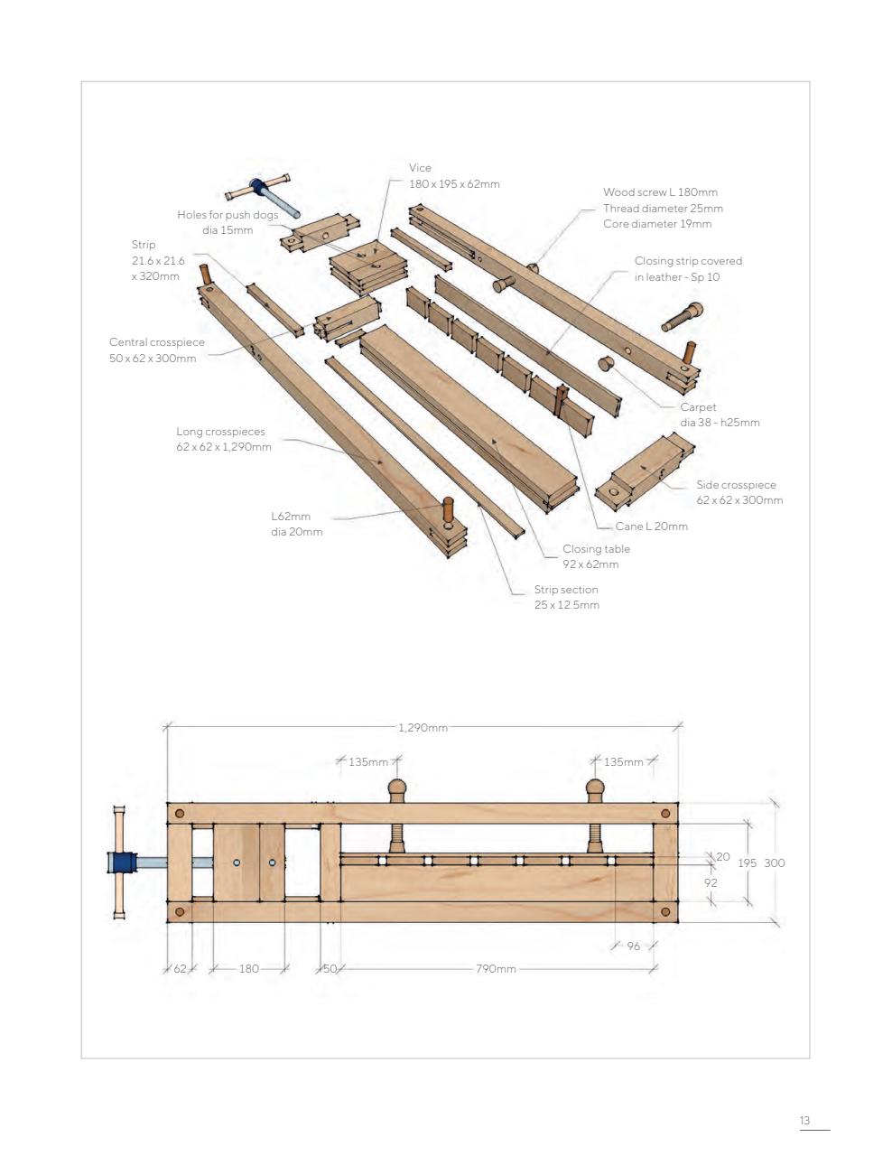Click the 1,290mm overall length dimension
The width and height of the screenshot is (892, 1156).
click(x=423, y=727)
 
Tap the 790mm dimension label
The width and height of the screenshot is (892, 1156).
click(x=496, y=969)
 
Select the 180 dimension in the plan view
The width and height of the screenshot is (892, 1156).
click(x=248, y=969)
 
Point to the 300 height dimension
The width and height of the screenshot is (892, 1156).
click(x=775, y=863)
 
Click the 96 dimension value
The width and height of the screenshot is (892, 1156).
click(x=633, y=946)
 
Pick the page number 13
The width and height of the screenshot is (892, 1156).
click(x=804, y=1121)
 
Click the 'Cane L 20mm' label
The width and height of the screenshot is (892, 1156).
click(x=651, y=527)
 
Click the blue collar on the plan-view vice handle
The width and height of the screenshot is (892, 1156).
click(x=121, y=862)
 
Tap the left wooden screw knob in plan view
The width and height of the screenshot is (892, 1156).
click(x=397, y=790)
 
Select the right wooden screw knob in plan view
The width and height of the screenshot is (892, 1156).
click(x=595, y=790)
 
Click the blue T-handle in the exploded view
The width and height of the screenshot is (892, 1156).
click(x=258, y=189)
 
